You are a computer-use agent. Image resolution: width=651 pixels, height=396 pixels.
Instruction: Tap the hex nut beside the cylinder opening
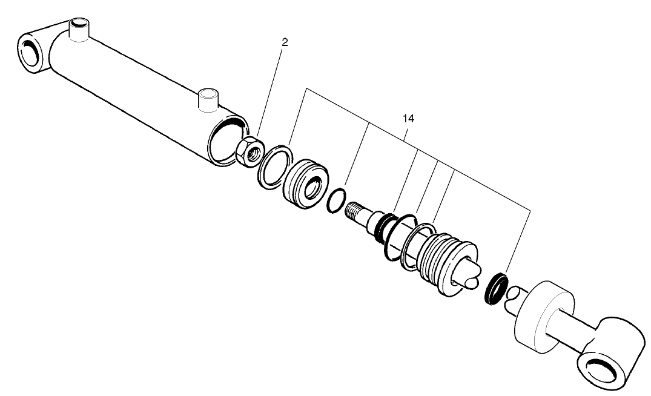248,151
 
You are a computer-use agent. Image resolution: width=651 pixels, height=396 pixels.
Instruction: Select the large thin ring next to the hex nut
274,165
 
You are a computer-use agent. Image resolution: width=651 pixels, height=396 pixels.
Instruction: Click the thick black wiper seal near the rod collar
498,289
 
